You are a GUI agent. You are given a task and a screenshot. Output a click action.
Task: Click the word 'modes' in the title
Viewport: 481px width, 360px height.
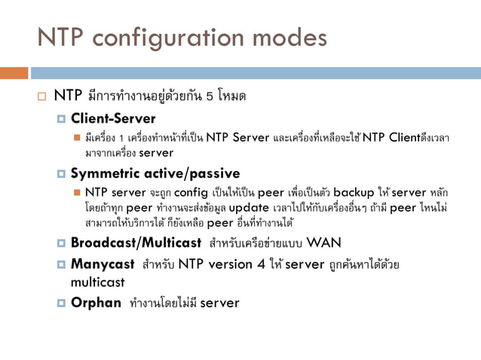coord(289,37)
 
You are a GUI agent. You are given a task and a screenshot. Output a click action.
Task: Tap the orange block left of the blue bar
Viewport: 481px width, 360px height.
coord(14,73)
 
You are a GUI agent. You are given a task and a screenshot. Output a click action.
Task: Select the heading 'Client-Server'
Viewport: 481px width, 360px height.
coord(113,118)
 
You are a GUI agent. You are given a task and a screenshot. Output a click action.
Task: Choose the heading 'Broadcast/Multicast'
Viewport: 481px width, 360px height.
coord(136,243)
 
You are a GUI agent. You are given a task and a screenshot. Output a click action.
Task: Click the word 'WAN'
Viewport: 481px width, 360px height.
coord(324,243)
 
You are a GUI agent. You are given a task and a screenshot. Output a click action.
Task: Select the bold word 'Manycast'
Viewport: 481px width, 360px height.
coord(102,264)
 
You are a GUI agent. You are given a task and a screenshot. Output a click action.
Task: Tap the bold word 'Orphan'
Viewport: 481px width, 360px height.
coord(96,303)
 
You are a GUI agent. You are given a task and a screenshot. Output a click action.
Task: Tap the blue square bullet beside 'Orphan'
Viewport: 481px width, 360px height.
coord(62,304)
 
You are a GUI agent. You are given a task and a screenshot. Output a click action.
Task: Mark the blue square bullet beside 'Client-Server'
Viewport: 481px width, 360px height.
coord(62,119)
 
